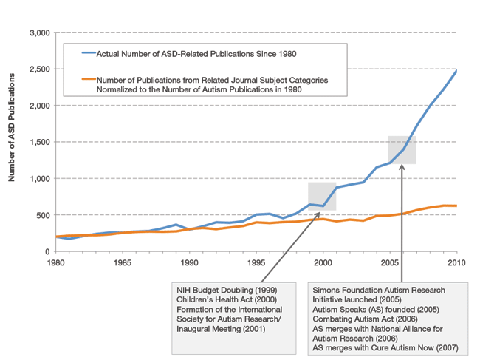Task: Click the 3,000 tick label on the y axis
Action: tap(36, 33)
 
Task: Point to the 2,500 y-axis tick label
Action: tap(36, 69)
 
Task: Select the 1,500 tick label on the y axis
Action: tap(36, 142)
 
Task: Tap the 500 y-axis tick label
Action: tap(41, 215)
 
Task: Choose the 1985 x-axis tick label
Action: tap(123, 262)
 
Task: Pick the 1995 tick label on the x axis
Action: tap(256, 262)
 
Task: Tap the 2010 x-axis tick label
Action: tap(457, 262)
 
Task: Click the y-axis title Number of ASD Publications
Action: tap(13, 143)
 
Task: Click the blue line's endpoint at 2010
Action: tap(457, 71)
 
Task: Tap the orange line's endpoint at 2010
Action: tap(457, 206)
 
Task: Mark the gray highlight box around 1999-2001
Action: tap(323, 196)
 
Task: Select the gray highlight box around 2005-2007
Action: tap(402, 149)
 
